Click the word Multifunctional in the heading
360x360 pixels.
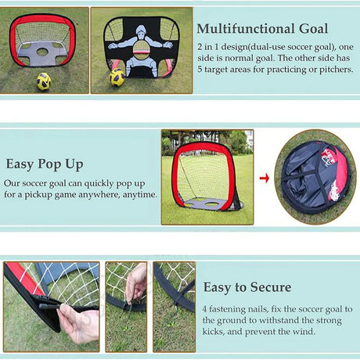246,29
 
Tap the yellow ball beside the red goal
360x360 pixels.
44,81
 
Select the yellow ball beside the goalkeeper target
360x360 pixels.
117,77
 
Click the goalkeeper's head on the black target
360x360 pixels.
141,31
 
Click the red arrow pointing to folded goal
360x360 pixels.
265,178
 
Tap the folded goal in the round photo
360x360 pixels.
315,177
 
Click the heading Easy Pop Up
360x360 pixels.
45,164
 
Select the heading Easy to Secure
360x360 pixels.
247,287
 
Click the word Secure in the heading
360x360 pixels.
271,287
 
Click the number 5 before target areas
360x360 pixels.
200,70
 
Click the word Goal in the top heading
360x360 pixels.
313,29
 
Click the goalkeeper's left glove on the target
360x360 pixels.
168,45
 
